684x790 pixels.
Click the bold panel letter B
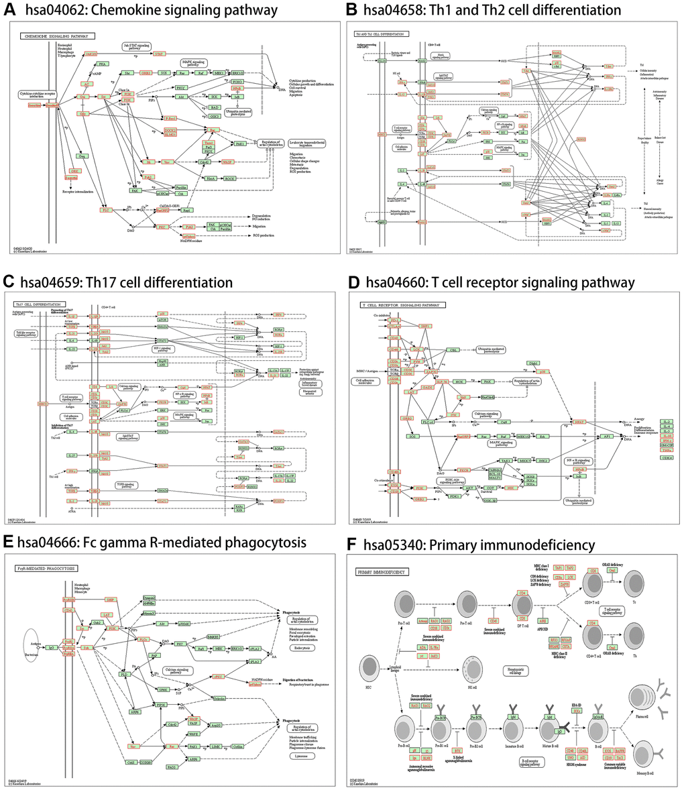(x=350, y=9)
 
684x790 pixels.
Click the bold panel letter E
(x=9, y=542)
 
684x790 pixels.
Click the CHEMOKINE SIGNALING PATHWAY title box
(x=57, y=36)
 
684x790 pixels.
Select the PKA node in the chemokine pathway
(x=103, y=64)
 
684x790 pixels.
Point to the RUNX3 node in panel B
(x=556, y=64)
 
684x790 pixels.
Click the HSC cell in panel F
(x=370, y=671)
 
